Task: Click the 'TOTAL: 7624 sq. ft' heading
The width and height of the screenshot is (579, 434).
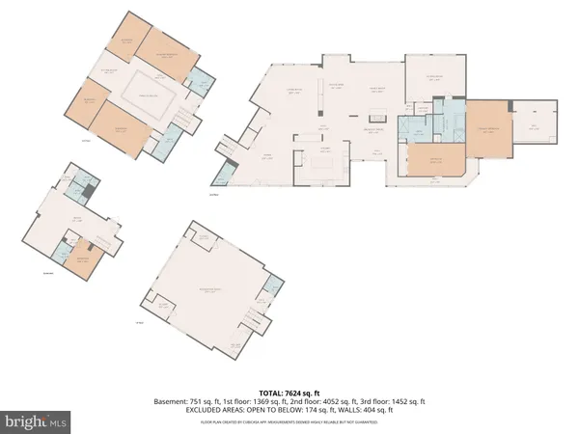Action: point(289,392)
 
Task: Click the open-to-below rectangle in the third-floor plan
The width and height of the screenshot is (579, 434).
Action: point(150,93)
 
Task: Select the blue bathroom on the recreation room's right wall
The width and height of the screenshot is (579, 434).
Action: point(277,285)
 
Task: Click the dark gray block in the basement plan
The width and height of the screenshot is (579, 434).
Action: point(89,192)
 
